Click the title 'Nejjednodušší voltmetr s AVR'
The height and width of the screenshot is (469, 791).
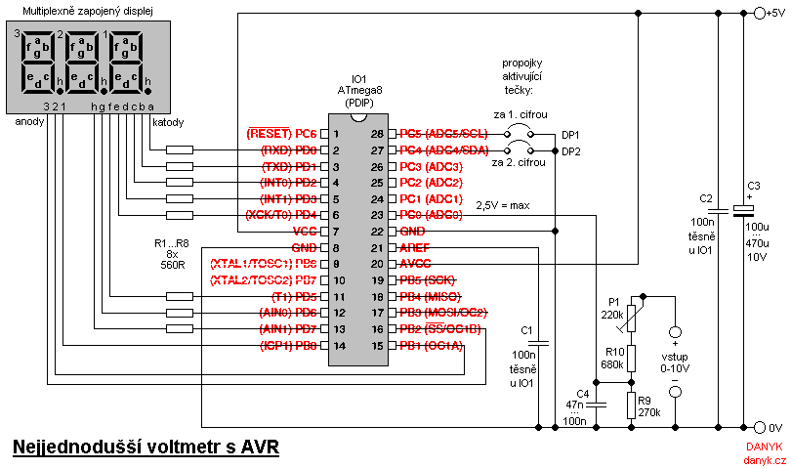click(x=146, y=448)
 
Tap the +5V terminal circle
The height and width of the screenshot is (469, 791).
click(x=758, y=14)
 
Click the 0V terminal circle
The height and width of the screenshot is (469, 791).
click(x=758, y=428)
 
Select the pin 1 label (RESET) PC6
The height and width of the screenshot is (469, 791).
click(x=282, y=134)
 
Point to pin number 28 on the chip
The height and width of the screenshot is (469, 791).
click(x=376, y=134)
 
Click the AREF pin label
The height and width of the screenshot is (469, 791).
click(x=416, y=248)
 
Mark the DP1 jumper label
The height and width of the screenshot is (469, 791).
click(x=570, y=135)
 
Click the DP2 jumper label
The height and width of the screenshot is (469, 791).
click(x=570, y=151)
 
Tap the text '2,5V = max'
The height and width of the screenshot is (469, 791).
click(x=503, y=205)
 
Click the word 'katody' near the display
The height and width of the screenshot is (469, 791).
click(x=167, y=122)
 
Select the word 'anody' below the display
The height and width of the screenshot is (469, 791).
click(x=27, y=122)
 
